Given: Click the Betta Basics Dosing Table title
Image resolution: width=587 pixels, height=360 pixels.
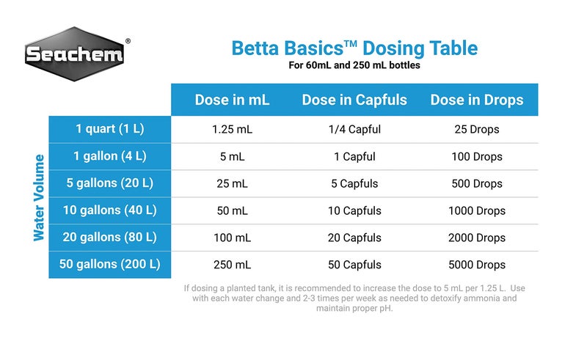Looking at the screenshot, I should click(x=354, y=48).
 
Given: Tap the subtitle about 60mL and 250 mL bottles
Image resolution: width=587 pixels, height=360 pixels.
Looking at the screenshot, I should click(x=354, y=65).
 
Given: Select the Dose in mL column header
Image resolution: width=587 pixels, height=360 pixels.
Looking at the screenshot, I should click(x=232, y=100).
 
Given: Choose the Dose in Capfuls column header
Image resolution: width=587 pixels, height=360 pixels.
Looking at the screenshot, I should click(x=354, y=100).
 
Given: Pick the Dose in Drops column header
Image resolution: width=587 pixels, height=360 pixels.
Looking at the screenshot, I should click(x=477, y=100).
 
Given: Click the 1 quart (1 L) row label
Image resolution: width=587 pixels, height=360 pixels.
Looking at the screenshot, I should click(x=110, y=129).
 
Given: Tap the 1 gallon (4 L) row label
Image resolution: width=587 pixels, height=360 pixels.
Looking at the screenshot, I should click(x=110, y=156).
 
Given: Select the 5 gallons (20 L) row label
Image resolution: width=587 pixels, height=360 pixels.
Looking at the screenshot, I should click(x=110, y=183).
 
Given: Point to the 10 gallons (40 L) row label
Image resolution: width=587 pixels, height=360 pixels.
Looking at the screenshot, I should click(x=110, y=210).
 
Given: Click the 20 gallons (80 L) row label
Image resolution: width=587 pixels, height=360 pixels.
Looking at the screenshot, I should click(x=110, y=238).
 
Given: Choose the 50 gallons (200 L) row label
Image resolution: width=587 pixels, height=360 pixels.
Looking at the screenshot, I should click(x=110, y=264).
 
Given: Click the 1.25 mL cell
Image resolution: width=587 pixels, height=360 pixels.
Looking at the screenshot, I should click(x=232, y=130).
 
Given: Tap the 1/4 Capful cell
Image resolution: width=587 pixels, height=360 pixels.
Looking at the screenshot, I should click(x=354, y=130).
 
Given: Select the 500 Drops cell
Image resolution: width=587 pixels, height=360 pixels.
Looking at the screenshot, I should click(x=477, y=184).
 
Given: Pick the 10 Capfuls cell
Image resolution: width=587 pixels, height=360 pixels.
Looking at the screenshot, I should click(x=354, y=211).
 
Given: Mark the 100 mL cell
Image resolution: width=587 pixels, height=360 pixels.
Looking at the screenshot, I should click(x=232, y=238).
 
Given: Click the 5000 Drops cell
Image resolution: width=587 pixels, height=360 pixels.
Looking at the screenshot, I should click(x=477, y=265).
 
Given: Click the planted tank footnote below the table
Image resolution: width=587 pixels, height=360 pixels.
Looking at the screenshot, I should click(x=354, y=298).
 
